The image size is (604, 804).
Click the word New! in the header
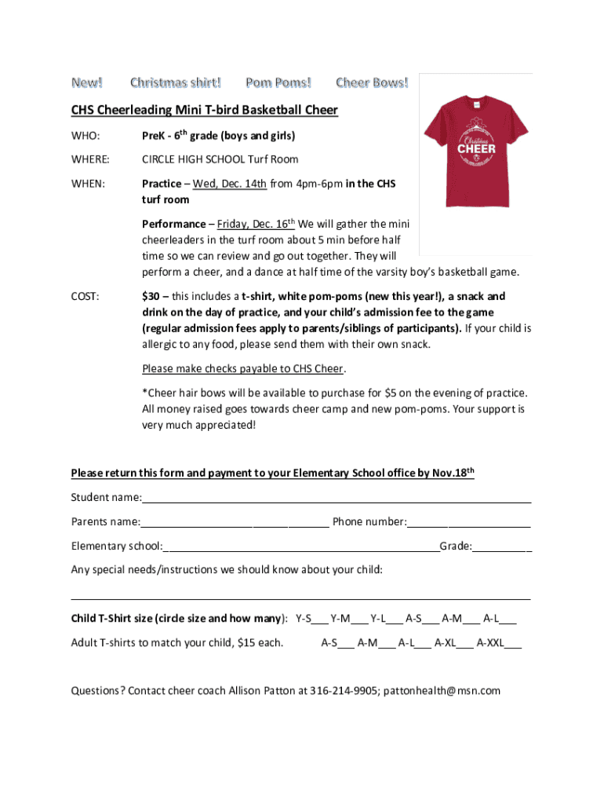tap(87, 83)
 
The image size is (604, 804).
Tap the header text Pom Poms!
tap(278, 83)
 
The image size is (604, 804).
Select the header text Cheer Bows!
tap(372, 83)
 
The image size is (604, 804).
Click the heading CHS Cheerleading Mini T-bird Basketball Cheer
tap(205, 110)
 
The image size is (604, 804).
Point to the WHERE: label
tap(91, 159)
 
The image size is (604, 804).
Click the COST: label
tap(86, 297)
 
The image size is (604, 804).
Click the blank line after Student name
tap(337, 498)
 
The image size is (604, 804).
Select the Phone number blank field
tap(469, 522)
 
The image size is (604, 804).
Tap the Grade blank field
tap(502, 546)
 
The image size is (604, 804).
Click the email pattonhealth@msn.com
tap(442, 691)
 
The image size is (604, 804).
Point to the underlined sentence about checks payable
tap(244, 369)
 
